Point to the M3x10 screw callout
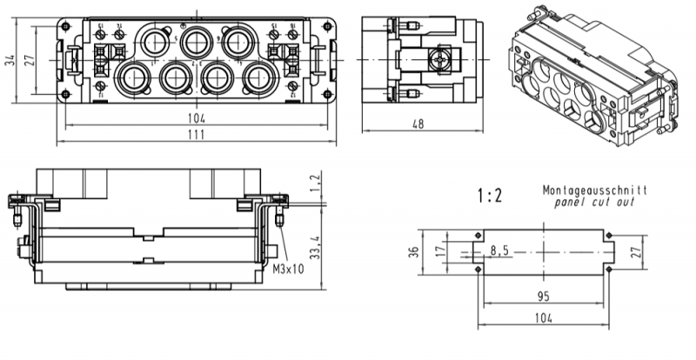pos(288,270)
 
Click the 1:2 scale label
pos(490,194)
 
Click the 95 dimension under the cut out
pos(543,296)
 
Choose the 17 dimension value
pos(440,251)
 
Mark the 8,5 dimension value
pos(499,251)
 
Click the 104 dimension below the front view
pos(195,117)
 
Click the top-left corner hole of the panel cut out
pos(479,235)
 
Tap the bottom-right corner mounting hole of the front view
pos(326,95)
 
